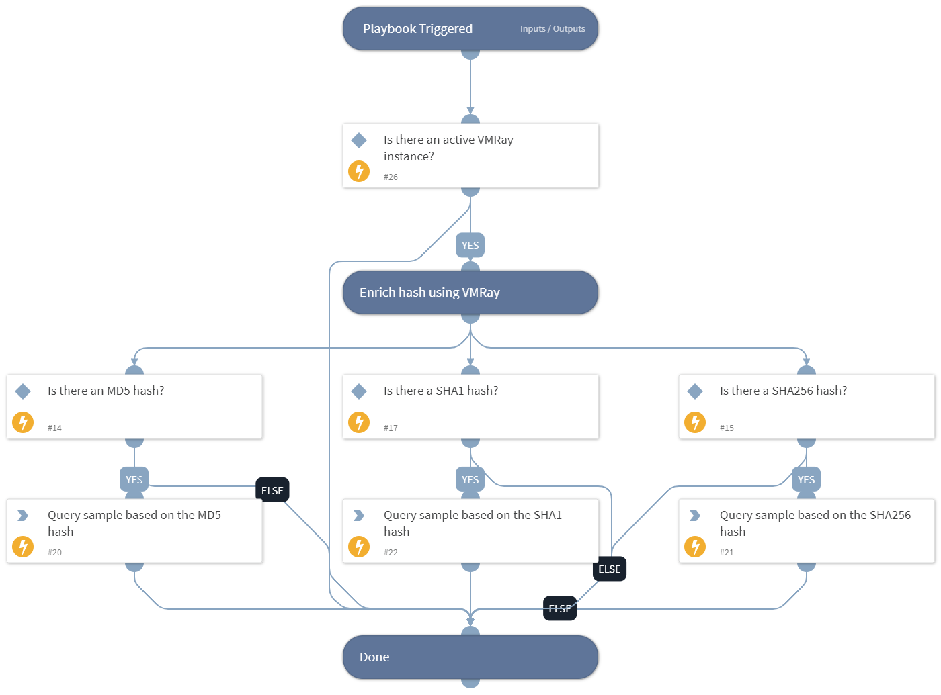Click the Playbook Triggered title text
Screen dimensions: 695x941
pyautogui.click(x=417, y=29)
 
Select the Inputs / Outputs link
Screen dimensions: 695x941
pyautogui.click(x=552, y=29)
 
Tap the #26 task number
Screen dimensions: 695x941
pyautogui.click(x=391, y=177)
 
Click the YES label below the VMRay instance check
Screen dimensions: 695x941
pyautogui.click(x=470, y=246)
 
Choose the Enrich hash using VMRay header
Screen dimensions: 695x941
pyautogui.click(x=429, y=293)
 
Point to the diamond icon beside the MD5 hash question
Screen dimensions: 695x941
pyautogui.click(x=23, y=391)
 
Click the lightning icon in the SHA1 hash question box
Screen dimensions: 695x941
pyautogui.click(x=359, y=422)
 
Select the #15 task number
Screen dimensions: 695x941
pyautogui.click(x=727, y=428)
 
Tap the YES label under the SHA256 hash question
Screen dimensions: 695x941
pyautogui.click(x=806, y=480)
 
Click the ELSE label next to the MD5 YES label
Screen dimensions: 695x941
pyautogui.click(x=272, y=491)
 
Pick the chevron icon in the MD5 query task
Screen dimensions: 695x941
pyautogui.click(x=23, y=516)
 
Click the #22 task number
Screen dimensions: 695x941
pyautogui.click(x=391, y=553)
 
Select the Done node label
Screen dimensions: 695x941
pyautogui.click(x=374, y=657)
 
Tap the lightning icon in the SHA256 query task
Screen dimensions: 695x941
pyautogui.click(x=695, y=547)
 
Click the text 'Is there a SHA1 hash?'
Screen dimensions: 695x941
pyautogui.click(x=441, y=391)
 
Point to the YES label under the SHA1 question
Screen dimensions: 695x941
pyautogui.click(x=470, y=480)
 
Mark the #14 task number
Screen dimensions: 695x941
pyautogui.click(x=54, y=428)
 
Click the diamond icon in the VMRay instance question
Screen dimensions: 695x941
pyautogui.click(x=359, y=140)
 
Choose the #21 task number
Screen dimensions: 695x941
pyautogui.click(x=727, y=553)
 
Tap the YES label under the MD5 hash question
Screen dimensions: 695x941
pyautogui.click(x=134, y=480)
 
